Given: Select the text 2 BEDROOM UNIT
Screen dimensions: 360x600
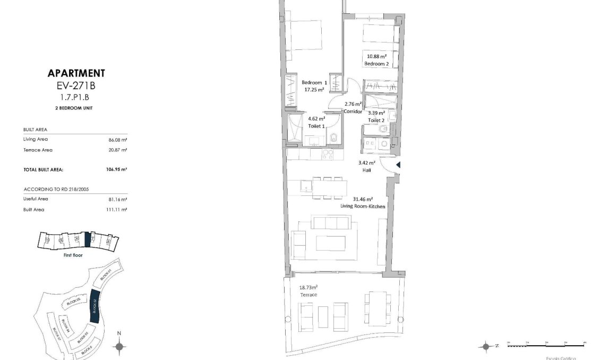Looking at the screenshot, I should click(x=76, y=107).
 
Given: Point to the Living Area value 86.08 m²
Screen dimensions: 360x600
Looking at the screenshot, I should click(x=118, y=140).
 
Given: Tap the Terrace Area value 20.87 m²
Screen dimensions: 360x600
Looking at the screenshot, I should click(x=118, y=150).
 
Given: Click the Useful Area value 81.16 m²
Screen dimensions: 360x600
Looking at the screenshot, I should click(x=118, y=199).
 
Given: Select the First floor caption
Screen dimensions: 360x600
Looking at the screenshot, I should click(x=72, y=255).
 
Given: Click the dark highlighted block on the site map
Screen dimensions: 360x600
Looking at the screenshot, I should click(x=96, y=306).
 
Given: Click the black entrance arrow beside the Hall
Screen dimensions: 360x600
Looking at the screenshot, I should click(x=398, y=165).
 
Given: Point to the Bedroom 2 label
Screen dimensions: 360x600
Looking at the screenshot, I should click(x=376, y=64).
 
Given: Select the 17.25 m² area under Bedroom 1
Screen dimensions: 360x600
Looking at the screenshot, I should click(x=314, y=90).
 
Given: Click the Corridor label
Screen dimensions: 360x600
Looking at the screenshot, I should click(x=353, y=112).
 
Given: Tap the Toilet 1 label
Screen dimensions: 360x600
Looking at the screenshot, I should click(x=317, y=126).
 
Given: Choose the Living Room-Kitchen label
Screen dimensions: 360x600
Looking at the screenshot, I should click(x=363, y=206).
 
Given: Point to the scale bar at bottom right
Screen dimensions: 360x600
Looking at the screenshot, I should click(x=546, y=345).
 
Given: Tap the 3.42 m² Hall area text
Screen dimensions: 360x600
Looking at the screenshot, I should click(x=367, y=162).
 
